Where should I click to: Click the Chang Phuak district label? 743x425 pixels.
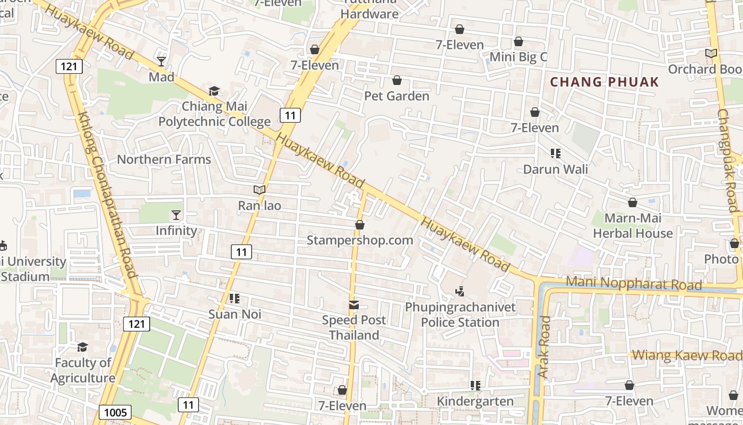(x=604, y=82)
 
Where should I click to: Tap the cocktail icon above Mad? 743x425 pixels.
(x=161, y=62)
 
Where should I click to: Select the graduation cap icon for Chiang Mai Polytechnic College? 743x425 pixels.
(x=214, y=91)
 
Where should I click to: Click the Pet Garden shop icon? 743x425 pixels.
(x=396, y=80)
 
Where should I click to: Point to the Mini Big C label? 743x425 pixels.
(x=518, y=57)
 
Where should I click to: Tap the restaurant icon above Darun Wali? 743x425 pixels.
(x=555, y=154)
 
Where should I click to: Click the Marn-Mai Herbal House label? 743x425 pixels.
(x=632, y=226)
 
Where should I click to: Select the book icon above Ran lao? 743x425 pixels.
(x=259, y=190)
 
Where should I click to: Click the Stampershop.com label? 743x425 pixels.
(x=360, y=240)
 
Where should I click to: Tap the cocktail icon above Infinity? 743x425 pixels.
(x=176, y=215)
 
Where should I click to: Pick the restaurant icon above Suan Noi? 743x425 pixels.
(x=235, y=299)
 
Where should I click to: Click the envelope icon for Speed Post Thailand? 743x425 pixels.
(x=353, y=305)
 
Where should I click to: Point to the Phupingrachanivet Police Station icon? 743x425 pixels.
(x=460, y=291)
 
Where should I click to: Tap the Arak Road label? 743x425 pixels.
(x=545, y=347)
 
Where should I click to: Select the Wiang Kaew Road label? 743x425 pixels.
(x=687, y=355)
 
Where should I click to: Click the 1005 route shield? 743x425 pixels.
(x=115, y=412)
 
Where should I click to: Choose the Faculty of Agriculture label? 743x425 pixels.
(x=83, y=370)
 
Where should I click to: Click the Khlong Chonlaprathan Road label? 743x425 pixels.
(x=107, y=195)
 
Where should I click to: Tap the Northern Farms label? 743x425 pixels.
(x=164, y=159)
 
